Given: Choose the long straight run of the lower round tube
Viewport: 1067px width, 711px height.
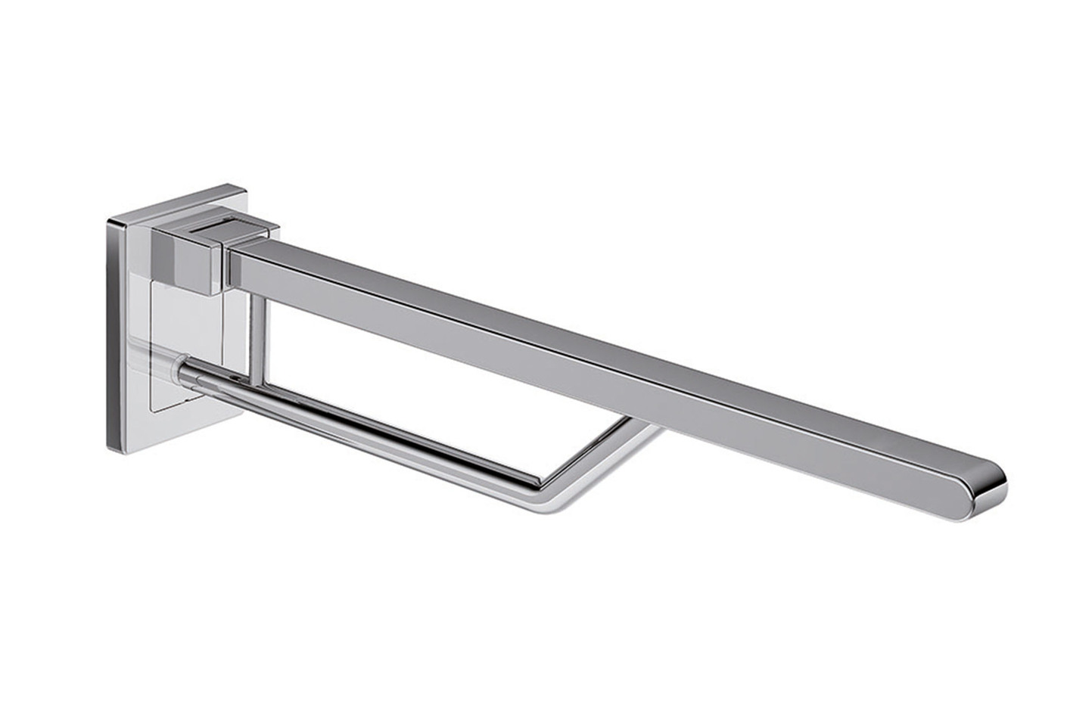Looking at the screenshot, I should click(378, 431).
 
